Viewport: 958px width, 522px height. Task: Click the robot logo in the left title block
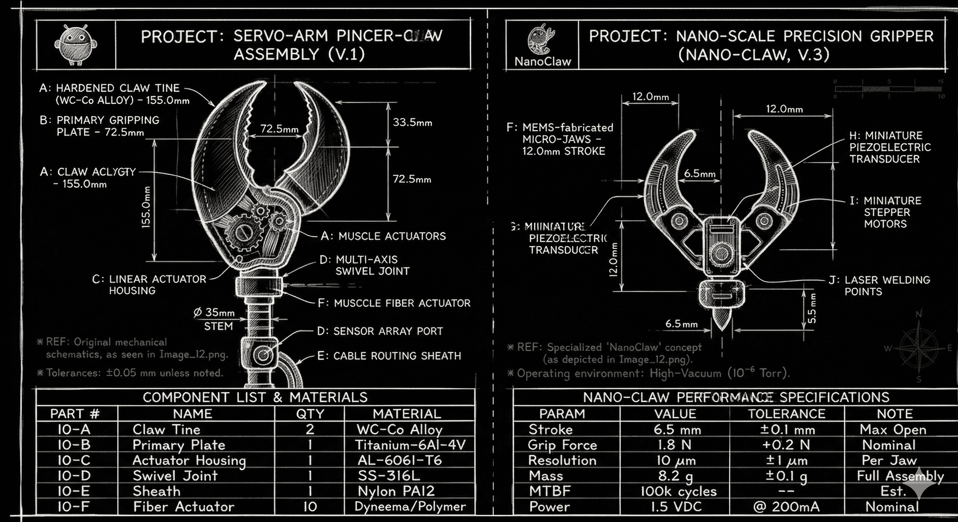(x=76, y=45)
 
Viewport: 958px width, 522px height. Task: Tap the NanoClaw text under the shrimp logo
(x=543, y=62)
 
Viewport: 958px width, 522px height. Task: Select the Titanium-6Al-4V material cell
(x=410, y=445)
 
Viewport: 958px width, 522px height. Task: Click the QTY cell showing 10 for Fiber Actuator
(x=310, y=506)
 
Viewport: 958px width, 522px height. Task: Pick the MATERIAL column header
(x=407, y=414)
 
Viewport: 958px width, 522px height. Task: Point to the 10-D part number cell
(x=74, y=475)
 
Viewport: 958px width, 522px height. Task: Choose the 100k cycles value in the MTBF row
(x=678, y=491)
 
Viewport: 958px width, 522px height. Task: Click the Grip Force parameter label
(x=562, y=445)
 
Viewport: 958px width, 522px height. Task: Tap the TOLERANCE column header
(x=787, y=414)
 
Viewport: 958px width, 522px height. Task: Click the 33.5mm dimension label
(x=412, y=122)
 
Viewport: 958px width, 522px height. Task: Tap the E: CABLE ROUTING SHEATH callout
(x=389, y=356)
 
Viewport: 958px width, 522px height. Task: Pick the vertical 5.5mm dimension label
(x=812, y=308)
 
